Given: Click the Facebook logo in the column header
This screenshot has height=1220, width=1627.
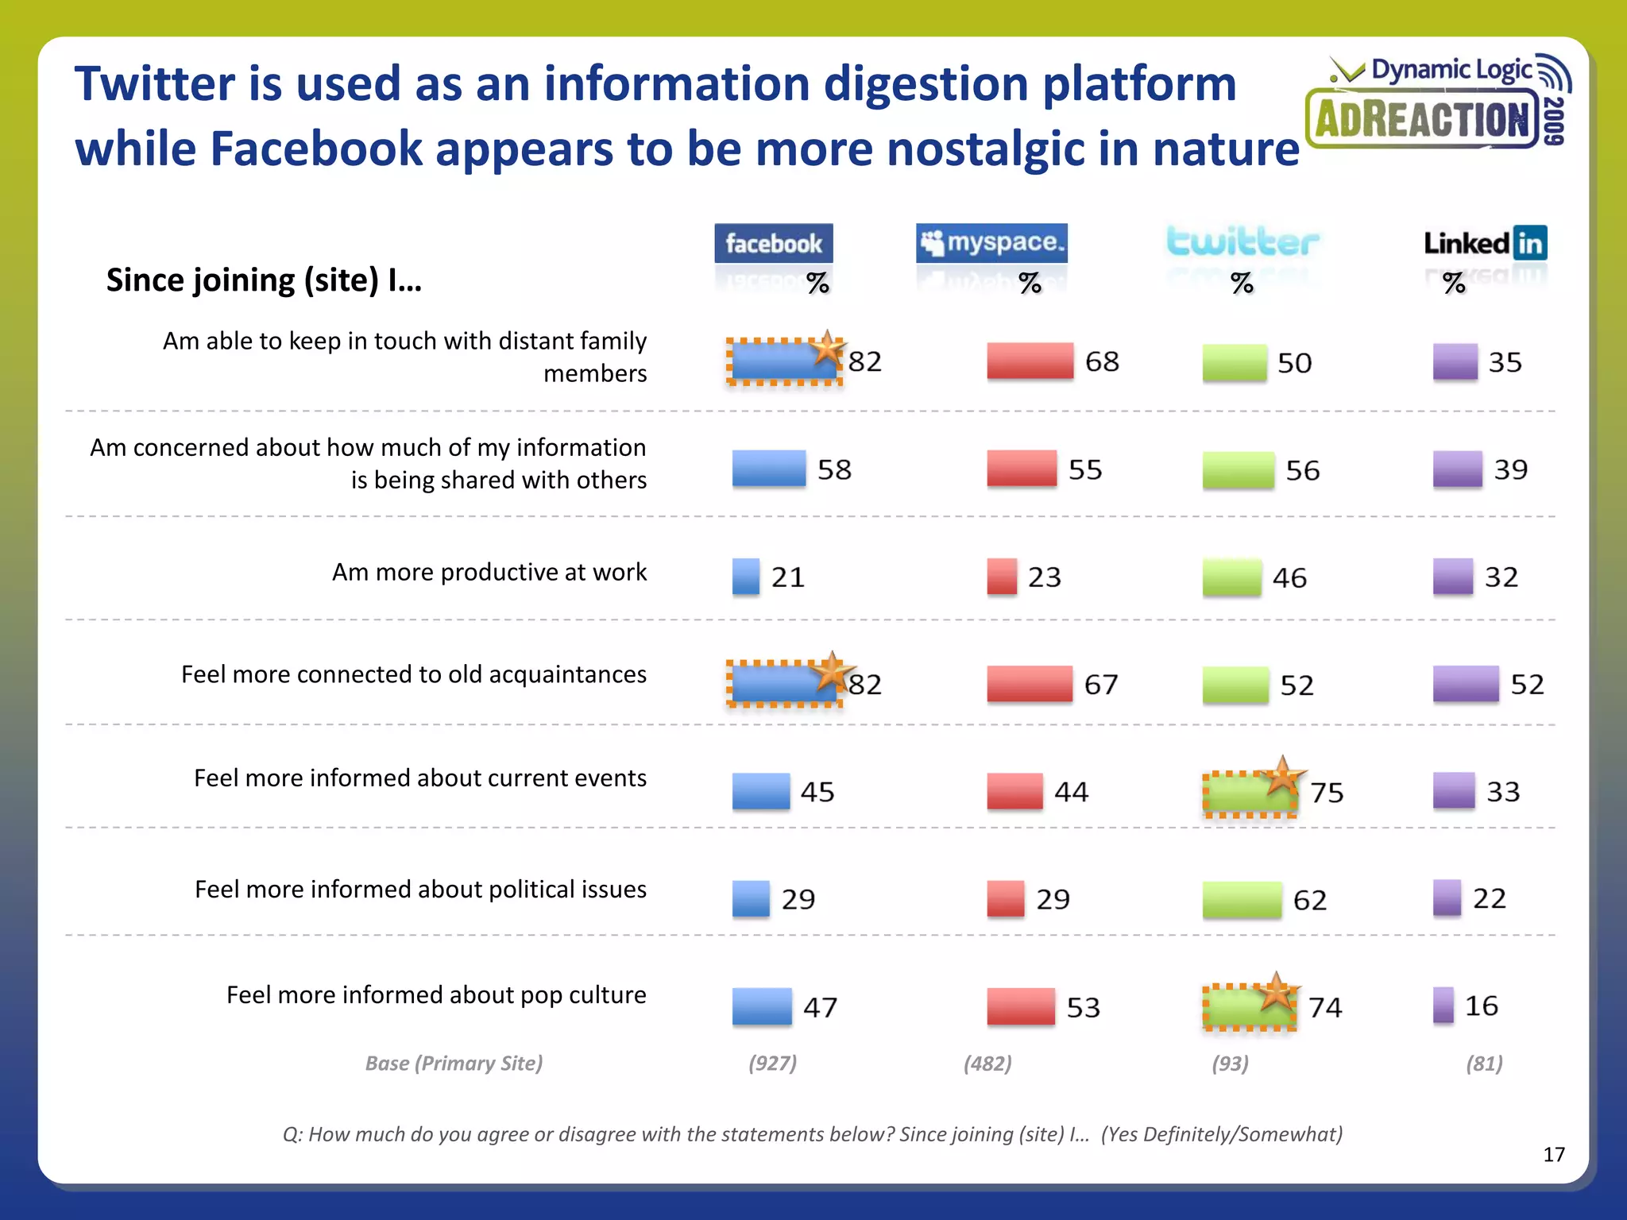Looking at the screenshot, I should (x=773, y=243).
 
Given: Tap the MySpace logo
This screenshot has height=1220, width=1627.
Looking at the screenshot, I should (x=991, y=242).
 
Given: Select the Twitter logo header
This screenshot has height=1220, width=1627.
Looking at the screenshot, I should (x=1242, y=242).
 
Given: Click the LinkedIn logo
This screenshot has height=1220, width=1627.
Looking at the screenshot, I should (x=1485, y=243).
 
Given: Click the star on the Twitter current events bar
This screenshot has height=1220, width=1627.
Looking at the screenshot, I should (x=1281, y=776).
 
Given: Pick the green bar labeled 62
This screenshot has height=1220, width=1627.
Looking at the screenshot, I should (x=1242, y=900).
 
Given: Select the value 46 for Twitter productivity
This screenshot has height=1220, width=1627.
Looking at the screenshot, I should (x=1289, y=578).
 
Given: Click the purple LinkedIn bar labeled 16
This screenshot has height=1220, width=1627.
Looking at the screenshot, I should (x=1443, y=1005).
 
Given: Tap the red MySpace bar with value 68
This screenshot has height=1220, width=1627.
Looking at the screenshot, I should (x=1030, y=361).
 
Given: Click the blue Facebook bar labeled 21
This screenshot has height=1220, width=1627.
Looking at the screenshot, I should (x=745, y=577).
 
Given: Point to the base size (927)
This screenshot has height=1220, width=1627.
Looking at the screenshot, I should (x=772, y=1063).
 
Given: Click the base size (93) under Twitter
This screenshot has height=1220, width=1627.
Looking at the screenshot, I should (x=1230, y=1063).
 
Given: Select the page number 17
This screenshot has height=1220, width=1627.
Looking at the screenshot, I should (x=1553, y=1154).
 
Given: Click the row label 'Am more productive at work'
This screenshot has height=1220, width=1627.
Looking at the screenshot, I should (x=489, y=572).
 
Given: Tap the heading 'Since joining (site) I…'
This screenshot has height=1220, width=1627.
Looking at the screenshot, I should (x=264, y=280).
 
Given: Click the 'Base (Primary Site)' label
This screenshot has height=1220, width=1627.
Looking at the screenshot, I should (x=454, y=1063).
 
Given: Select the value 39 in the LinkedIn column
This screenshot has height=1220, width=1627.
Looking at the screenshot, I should (x=1510, y=469).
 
